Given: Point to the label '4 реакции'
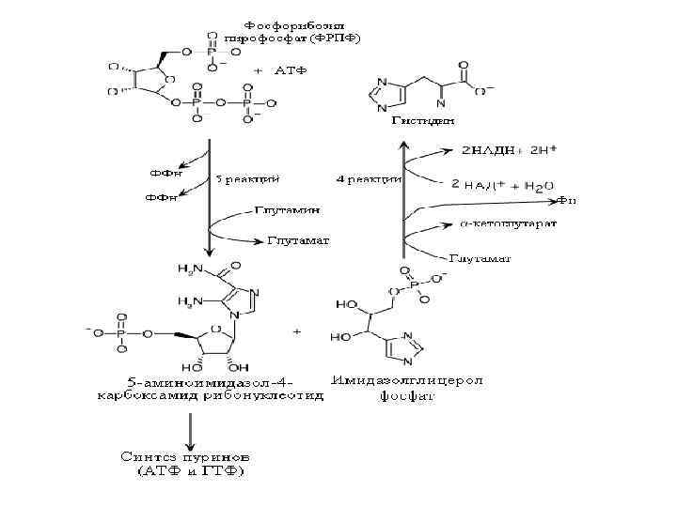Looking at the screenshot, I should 368,177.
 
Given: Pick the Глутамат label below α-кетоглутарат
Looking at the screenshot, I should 480,257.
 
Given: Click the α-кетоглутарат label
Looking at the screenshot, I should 509,225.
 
